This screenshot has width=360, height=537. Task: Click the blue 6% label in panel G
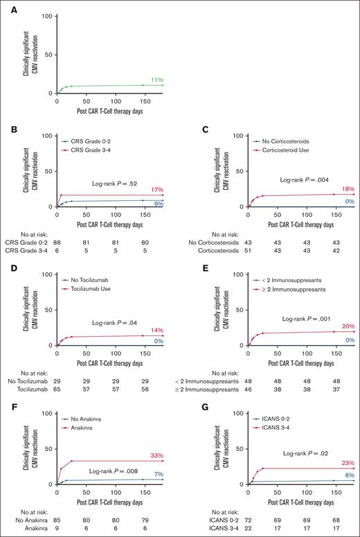click(x=350, y=475)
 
